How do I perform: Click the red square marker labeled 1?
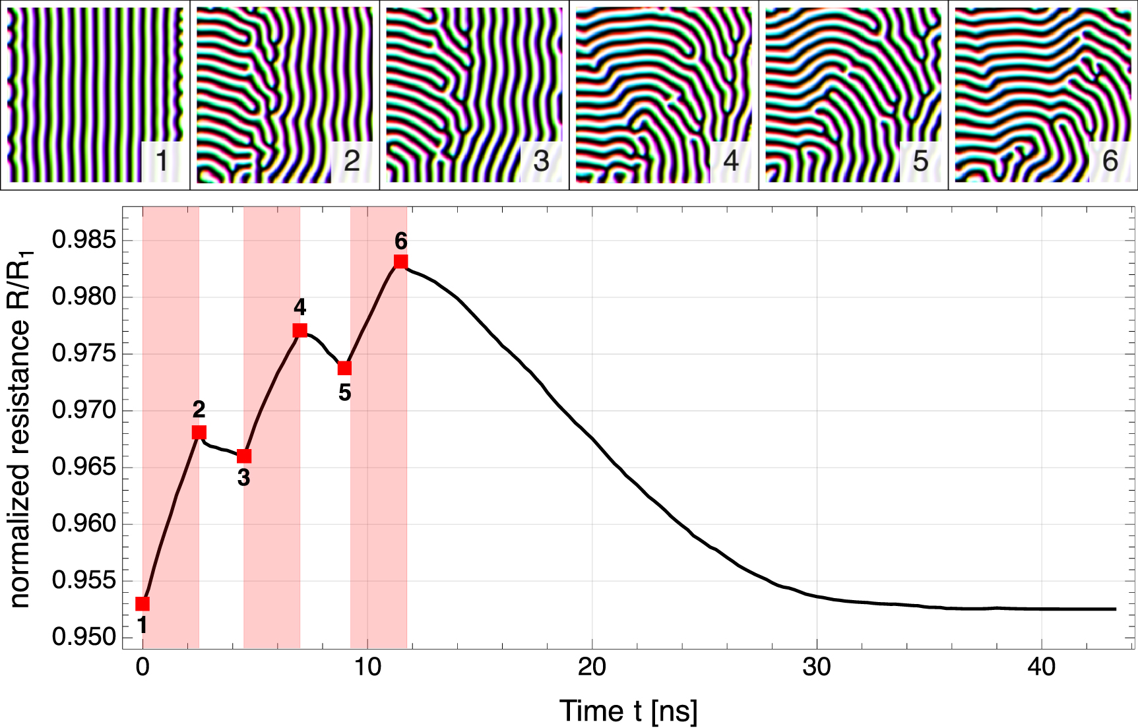pos(142,604)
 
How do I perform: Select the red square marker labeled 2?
pos(199,433)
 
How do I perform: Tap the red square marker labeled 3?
pos(244,456)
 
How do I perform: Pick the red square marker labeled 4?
pos(300,330)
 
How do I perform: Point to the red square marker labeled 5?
pos(344,368)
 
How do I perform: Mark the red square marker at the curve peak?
pos(400,262)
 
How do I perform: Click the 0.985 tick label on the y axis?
pos(84,240)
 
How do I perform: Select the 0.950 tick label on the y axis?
pos(84,638)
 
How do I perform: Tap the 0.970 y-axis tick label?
pos(84,411)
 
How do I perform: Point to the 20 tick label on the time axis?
pos(592,668)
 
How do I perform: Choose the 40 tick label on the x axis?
pos(1041,668)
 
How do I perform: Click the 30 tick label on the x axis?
pos(817,668)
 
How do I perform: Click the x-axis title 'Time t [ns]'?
pos(628,711)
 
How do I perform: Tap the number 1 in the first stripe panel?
pos(162,161)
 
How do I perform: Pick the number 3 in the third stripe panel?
pos(541,161)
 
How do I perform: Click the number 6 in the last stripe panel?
pos(1110,161)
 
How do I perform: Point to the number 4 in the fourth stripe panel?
pos(731,161)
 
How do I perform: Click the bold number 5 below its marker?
pos(344,393)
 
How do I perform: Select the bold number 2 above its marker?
pos(199,409)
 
